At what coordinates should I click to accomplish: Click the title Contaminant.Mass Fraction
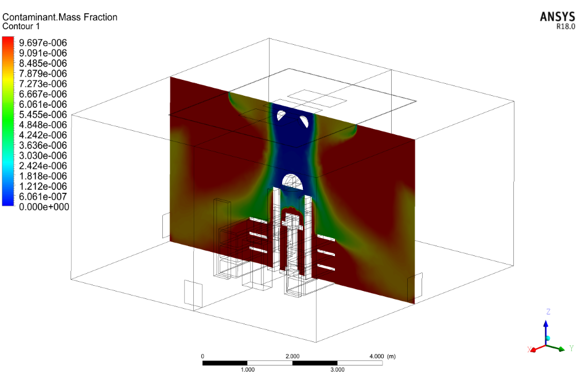click(x=60, y=17)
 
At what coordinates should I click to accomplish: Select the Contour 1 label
click(x=21, y=26)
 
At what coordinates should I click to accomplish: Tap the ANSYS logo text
click(x=557, y=17)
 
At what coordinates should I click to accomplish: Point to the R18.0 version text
click(x=565, y=26)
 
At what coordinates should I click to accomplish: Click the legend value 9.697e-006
click(x=43, y=43)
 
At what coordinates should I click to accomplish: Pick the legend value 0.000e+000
click(x=44, y=207)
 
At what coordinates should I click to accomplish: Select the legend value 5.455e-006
click(x=43, y=115)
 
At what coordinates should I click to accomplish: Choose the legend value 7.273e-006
click(x=43, y=84)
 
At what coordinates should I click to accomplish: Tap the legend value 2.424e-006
click(x=43, y=166)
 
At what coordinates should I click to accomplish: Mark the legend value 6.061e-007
click(x=43, y=197)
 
